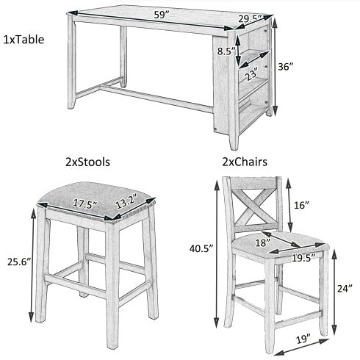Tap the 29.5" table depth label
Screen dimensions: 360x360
click(250, 18)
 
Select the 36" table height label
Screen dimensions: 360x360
click(285, 66)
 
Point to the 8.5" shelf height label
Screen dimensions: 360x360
click(226, 51)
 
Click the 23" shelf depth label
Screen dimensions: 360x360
click(252, 73)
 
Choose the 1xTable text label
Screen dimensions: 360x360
click(24, 40)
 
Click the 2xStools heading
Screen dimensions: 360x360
click(87, 162)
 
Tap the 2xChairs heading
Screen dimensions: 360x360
click(245, 162)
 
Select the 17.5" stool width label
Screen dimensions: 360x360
click(85, 204)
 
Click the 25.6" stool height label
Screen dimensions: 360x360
click(19, 262)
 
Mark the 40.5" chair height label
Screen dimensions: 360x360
click(201, 248)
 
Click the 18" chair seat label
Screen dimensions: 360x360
click(262, 242)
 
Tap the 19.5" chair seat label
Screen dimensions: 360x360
click(303, 258)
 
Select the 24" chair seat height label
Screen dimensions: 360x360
click(345, 289)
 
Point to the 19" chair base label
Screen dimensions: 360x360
click(303, 339)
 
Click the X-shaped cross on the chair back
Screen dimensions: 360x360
click(254, 205)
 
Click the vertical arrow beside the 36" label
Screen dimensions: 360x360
click(275, 65)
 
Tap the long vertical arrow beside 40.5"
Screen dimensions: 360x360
click(217, 253)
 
